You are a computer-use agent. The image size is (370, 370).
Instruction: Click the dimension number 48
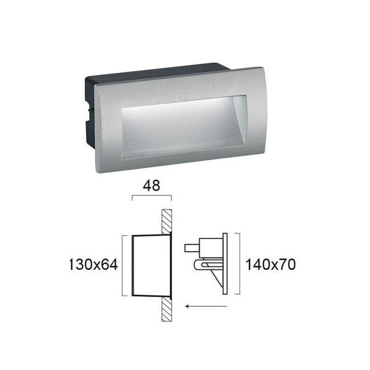[x=151, y=186]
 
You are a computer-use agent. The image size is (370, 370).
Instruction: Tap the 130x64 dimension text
[x=93, y=265]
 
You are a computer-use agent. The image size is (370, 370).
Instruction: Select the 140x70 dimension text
[x=270, y=265]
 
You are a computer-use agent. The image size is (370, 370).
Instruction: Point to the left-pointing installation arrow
[x=206, y=306]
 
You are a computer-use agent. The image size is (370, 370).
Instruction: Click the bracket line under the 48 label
[x=151, y=196]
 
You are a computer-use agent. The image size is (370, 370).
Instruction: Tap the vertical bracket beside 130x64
[x=123, y=265]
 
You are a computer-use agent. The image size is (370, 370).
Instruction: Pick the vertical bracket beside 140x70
[x=240, y=264]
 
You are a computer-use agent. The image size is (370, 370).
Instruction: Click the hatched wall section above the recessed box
[x=167, y=221]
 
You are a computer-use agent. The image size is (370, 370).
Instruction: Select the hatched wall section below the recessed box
[x=167, y=309]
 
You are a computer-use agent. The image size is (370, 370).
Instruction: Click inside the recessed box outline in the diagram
[x=151, y=265]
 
